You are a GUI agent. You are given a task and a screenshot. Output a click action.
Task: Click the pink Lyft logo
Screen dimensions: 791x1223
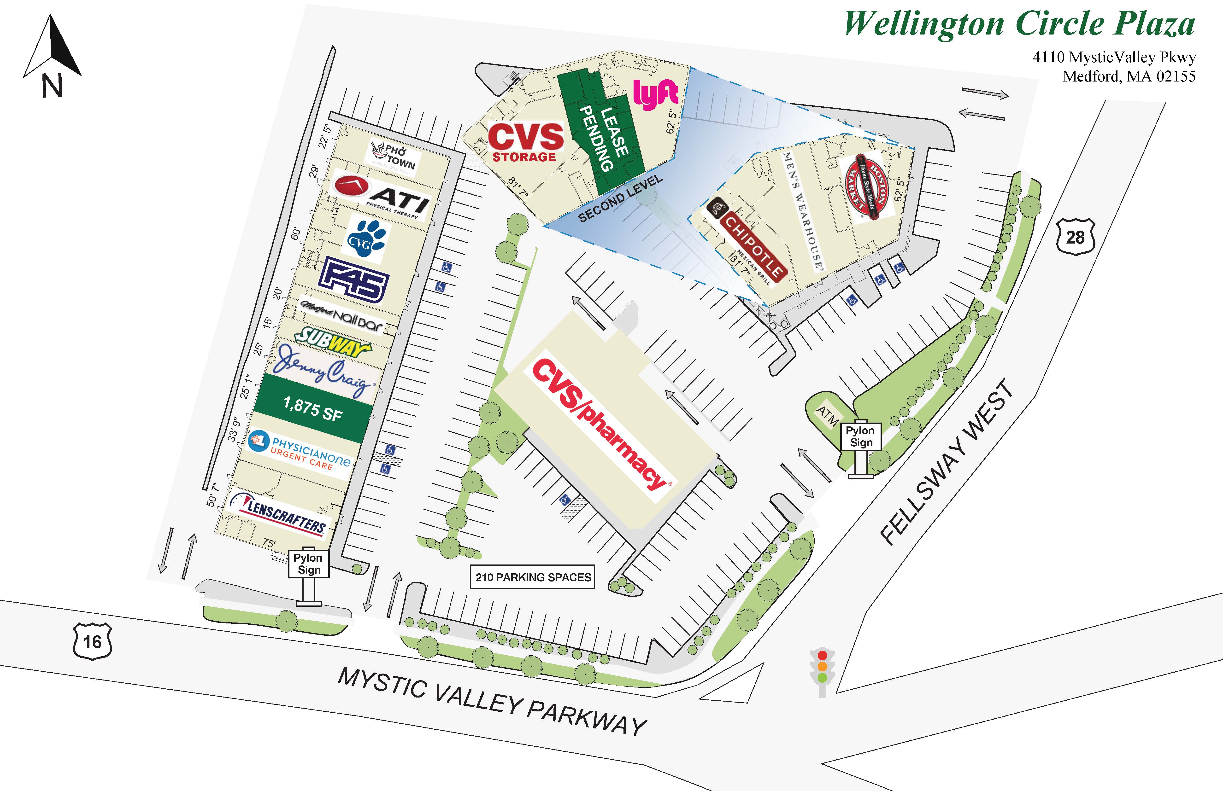pyautogui.click(x=655, y=94)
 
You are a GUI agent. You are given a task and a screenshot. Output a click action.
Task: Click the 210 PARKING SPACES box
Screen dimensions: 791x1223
pyautogui.click(x=533, y=577)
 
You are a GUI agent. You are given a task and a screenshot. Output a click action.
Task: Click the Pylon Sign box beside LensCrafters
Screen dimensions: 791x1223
pyautogui.click(x=308, y=564)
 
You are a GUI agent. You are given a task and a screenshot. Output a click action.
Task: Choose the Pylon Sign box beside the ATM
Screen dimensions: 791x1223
pyautogui.click(x=860, y=436)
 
